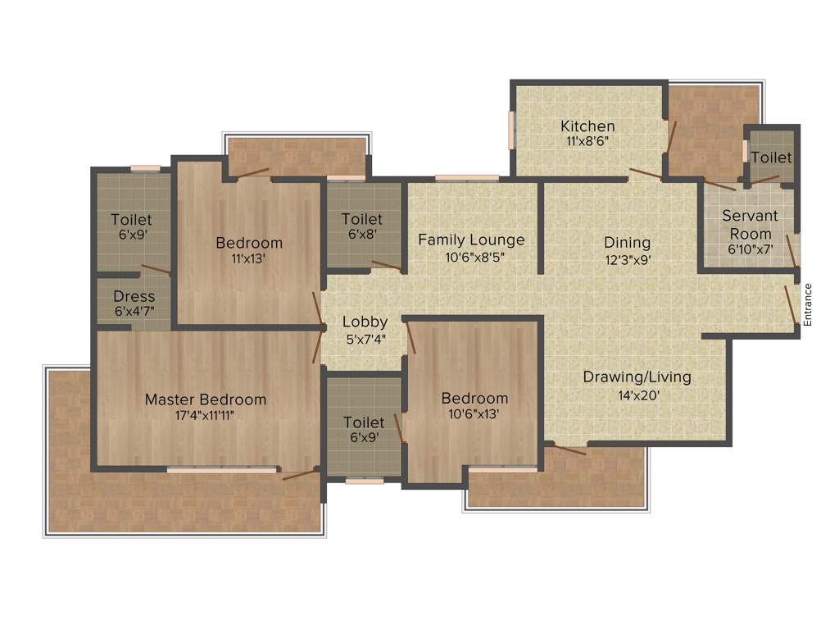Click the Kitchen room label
coord(587,126)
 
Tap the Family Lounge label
coord(471,240)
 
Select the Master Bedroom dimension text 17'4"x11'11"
coord(206,414)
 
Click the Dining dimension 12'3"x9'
coord(627,259)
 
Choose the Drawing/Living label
coord(637,377)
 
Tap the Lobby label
coord(365,322)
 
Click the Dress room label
coord(134,296)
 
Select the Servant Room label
coord(750,225)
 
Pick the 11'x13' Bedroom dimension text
coord(249,258)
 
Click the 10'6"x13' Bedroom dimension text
coord(474,413)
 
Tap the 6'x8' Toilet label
coord(362,219)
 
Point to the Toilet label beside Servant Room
coord(771,157)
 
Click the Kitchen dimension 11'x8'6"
coord(587,141)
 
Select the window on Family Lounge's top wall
coord(466,177)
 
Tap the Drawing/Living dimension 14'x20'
coord(637,394)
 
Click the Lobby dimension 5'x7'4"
coord(365,337)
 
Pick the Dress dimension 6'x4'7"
coord(134,312)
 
